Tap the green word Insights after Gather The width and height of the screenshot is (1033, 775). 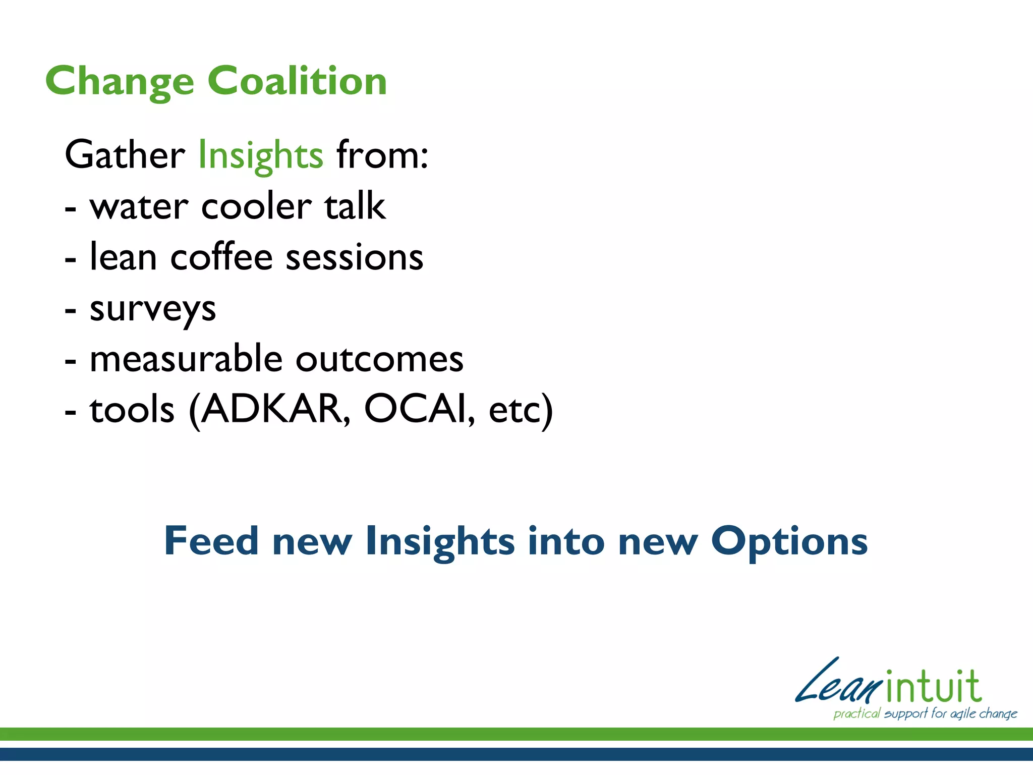(x=260, y=155)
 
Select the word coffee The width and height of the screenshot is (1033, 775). (x=222, y=257)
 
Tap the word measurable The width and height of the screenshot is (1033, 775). (x=186, y=359)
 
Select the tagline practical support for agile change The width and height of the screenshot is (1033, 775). (x=925, y=713)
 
